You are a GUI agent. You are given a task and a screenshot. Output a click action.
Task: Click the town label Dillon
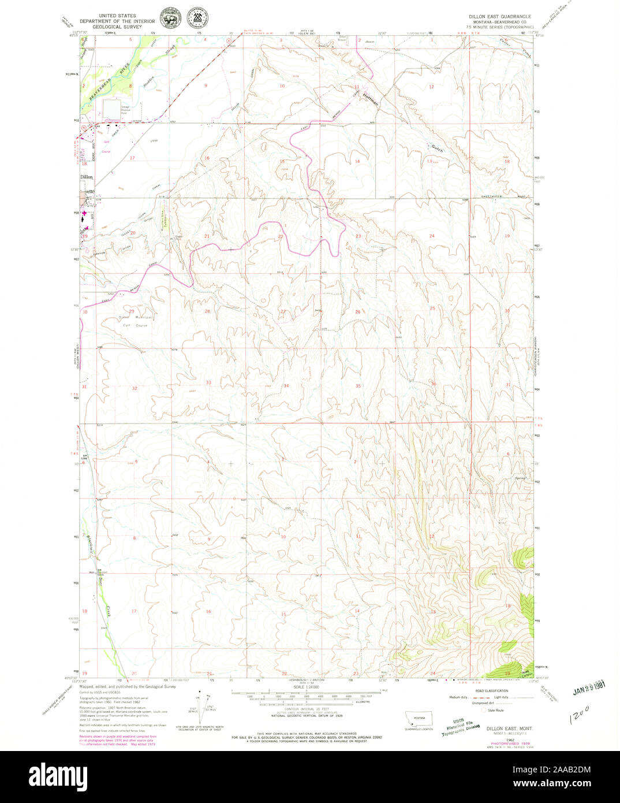87,177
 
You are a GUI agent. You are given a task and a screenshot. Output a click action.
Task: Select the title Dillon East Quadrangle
500,17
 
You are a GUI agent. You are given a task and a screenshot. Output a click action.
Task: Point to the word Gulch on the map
437,148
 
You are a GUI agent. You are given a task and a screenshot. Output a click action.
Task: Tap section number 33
208,382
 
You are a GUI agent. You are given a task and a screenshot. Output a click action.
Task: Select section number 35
358,385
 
